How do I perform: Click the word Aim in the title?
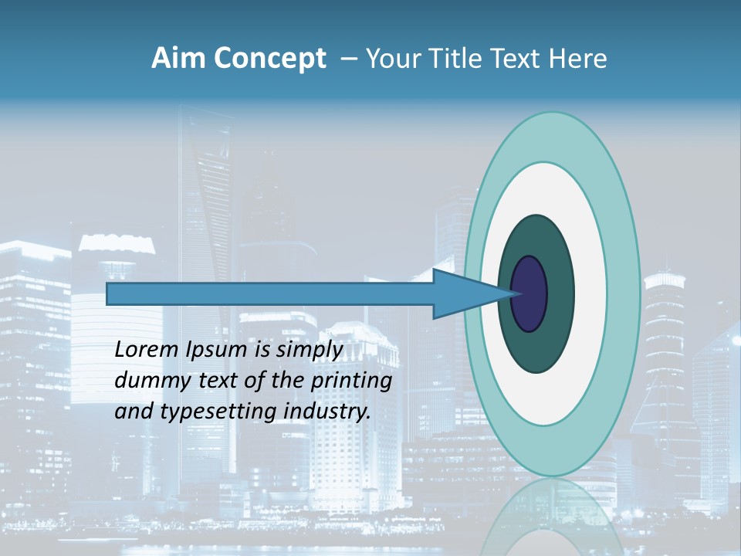(x=178, y=58)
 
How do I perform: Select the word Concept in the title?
(x=269, y=58)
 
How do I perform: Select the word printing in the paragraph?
(x=351, y=381)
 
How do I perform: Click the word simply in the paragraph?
(x=309, y=350)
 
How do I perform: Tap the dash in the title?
(x=349, y=59)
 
